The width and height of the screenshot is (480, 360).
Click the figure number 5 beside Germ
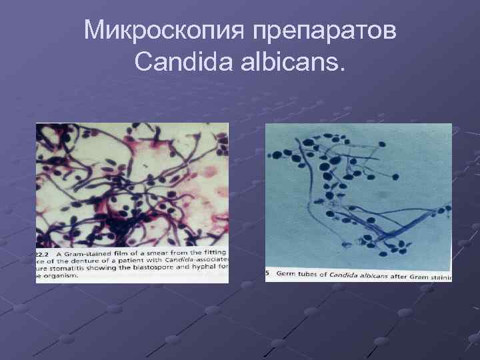pos(268,275)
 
